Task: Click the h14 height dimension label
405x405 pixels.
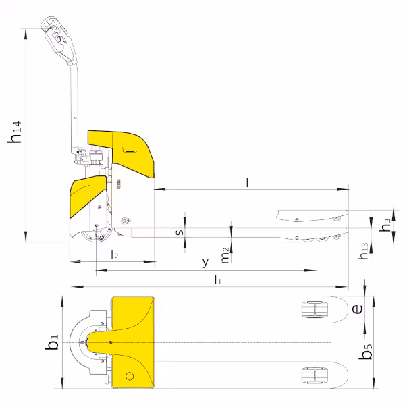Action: coord(14,132)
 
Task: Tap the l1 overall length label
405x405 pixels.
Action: coord(218,279)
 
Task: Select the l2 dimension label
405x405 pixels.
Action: coord(115,254)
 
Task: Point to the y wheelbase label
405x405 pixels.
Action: coord(205,262)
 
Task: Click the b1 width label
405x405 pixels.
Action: coord(52,342)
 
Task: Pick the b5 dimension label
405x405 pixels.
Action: coord(365,351)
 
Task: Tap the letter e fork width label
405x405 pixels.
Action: coord(357,308)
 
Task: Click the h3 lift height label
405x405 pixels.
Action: coord(385,225)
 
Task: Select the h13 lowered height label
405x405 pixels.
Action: coord(363,251)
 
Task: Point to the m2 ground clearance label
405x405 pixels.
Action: coord(225,255)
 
